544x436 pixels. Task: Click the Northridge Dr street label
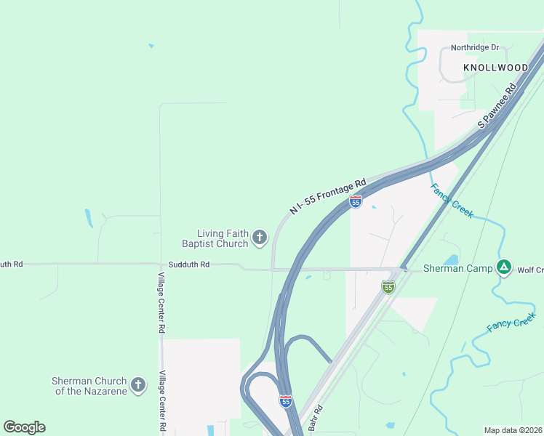(474, 48)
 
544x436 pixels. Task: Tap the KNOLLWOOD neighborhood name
(495, 68)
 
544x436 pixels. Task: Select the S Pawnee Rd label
(497, 106)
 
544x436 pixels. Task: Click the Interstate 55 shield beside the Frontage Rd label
(356, 202)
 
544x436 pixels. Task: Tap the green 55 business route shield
(388, 287)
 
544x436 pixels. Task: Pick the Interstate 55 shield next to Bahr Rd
(286, 400)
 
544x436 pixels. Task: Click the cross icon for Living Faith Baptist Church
(260, 237)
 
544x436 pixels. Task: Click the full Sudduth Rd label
(188, 265)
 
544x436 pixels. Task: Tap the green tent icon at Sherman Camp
(503, 267)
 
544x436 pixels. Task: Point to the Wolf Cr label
(529, 270)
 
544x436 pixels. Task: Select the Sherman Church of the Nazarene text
(89, 386)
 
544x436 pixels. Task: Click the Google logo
(25, 427)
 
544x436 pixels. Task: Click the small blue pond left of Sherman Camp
(451, 259)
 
